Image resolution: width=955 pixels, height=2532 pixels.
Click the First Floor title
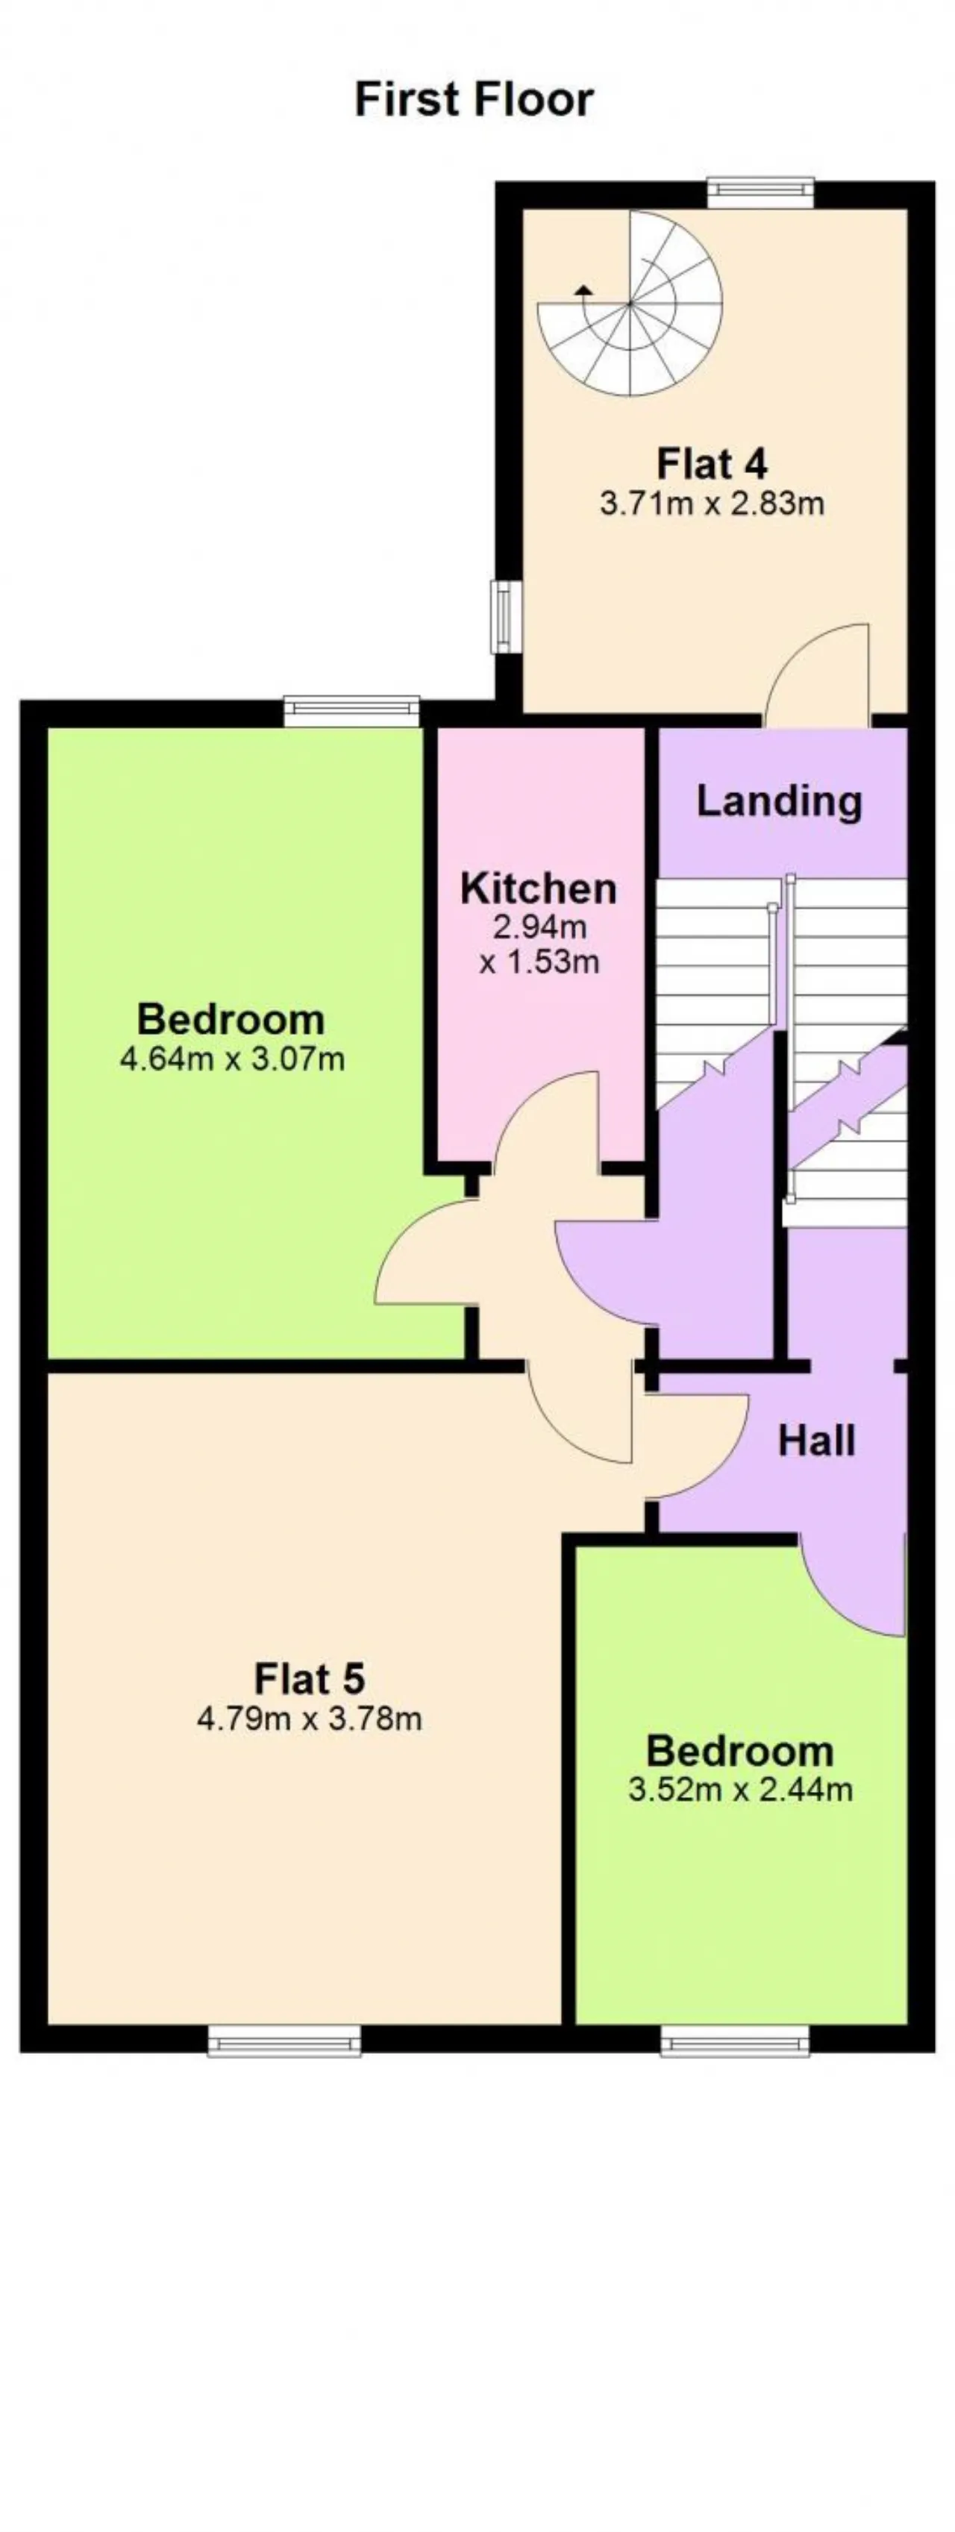pyautogui.click(x=474, y=99)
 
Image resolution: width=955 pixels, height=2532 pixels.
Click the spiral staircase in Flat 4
pyautogui.click(x=630, y=303)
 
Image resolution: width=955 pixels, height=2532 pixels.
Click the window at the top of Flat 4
pyautogui.click(x=762, y=192)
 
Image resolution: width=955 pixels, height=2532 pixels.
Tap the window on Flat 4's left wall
pyautogui.click(x=506, y=616)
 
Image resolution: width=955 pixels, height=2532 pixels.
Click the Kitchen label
pyautogui.click(x=539, y=888)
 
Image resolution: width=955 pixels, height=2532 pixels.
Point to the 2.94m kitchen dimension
pyautogui.click(x=539, y=926)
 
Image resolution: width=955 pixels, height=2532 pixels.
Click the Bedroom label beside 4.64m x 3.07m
pyautogui.click(x=231, y=1018)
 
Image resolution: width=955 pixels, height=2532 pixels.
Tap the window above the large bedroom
pyautogui.click(x=351, y=711)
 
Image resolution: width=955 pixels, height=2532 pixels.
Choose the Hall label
pyautogui.click(x=816, y=1441)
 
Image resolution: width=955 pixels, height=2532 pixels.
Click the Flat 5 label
pyautogui.click(x=310, y=1678)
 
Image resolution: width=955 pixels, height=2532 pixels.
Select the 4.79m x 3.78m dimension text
pyautogui.click(x=310, y=1719)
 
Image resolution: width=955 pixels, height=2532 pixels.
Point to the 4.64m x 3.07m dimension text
pyautogui.click(x=232, y=1059)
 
